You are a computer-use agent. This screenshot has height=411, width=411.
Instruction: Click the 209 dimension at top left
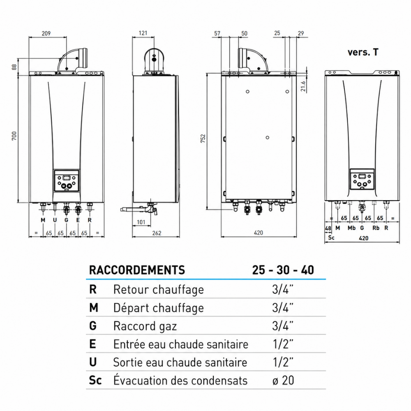46,33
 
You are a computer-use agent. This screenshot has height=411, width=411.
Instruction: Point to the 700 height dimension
14,136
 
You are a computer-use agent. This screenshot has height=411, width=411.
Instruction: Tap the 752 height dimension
203,139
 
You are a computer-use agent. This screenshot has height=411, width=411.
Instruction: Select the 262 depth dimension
157,233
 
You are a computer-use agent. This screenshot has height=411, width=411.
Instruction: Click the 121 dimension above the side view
143,33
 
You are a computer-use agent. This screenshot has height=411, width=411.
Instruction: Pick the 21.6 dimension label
303,86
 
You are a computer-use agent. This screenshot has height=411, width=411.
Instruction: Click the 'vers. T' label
363,52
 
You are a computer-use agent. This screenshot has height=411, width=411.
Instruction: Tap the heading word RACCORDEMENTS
137,270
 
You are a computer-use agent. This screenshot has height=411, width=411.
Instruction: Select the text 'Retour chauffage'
159,290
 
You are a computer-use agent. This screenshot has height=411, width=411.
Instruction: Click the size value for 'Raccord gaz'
283,326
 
